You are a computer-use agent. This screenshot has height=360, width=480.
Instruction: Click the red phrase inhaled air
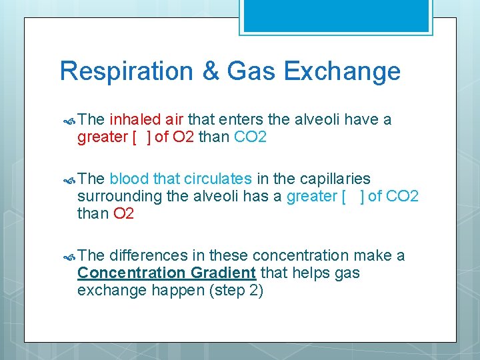[x=147, y=120]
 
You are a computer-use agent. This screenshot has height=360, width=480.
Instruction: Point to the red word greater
[x=103, y=137]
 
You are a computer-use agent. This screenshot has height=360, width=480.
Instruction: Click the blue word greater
[x=311, y=197]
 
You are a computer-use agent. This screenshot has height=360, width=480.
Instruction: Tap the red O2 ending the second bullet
[x=123, y=214]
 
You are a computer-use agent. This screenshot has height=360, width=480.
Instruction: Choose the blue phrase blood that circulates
[x=181, y=179]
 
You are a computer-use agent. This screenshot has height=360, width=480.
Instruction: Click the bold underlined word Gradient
[x=223, y=273]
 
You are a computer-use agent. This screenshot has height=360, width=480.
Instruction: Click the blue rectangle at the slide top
[x=335, y=15]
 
